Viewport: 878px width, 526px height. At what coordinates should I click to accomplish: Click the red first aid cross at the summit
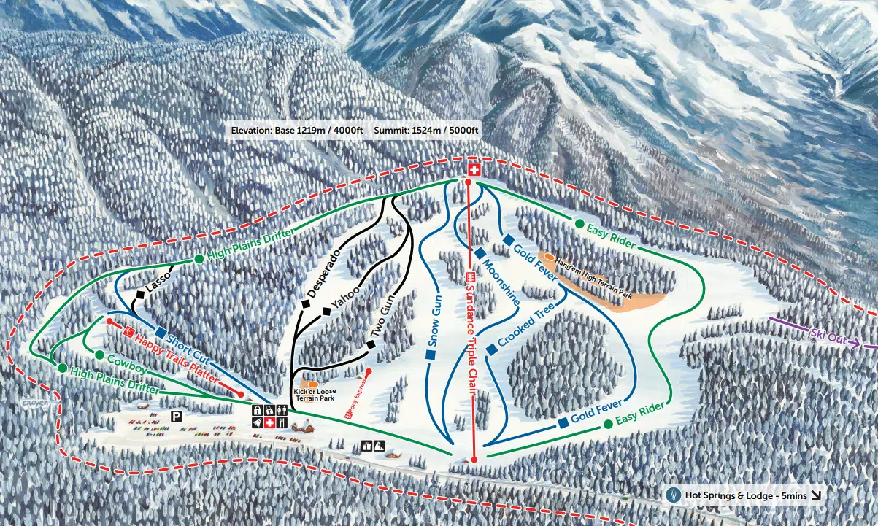click(474, 171)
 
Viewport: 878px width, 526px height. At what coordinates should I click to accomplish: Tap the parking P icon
click(176, 416)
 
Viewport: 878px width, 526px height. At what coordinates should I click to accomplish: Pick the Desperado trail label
click(324, 275)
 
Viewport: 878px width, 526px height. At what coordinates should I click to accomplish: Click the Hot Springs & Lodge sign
click(745, 495)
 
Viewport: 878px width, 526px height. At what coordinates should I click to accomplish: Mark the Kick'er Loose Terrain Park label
click(315, 395)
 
